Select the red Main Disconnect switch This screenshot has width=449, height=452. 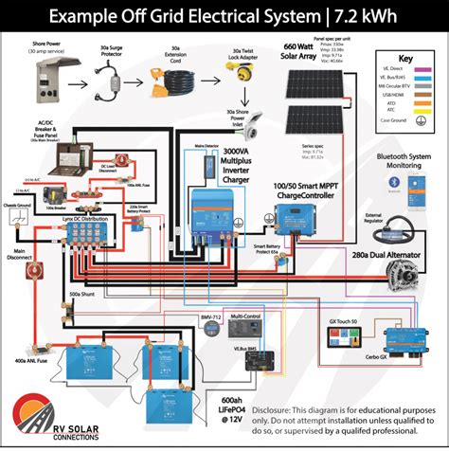(x=31, y=270)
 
